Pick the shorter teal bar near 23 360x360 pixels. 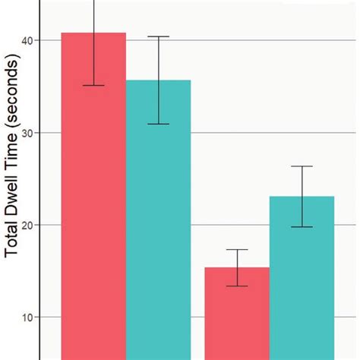[x=302, y=281]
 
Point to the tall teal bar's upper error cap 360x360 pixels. [x=158, y=36]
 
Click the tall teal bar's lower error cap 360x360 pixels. [x=158, y=124]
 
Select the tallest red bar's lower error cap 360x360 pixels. [x=93, y=85]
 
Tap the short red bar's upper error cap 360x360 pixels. [x=237, y=250]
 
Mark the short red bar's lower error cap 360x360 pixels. [x=237, y=286]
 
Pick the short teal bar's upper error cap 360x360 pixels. [x=302, y=166]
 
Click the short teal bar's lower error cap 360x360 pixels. [x=302, y=227]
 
